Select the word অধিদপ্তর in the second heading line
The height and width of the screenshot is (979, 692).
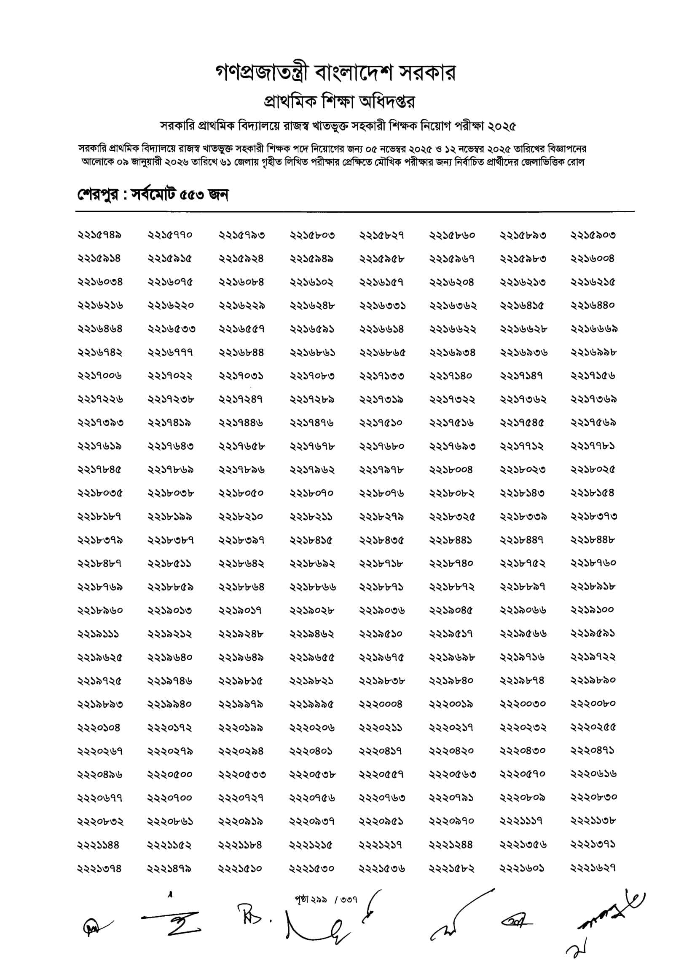387,101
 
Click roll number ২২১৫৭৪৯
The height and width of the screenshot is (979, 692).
100,235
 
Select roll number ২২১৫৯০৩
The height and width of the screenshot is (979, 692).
593,235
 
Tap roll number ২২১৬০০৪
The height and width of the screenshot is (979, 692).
593,259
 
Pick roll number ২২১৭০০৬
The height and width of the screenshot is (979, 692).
100,376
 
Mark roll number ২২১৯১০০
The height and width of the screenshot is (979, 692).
593,610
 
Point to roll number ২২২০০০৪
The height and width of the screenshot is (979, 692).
381,704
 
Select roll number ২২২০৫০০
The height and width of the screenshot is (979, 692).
170,774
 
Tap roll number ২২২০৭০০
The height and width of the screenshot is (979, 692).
170,798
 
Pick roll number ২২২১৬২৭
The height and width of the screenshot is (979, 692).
593,868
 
